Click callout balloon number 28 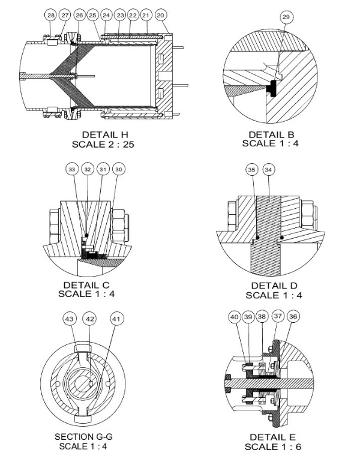point(50,14)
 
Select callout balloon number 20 point(160,14)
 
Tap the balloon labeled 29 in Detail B point(286,17)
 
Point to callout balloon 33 point(72,170)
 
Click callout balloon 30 point(118,170)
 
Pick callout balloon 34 point(268,170)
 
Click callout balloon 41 point(114,319)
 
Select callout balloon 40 point(234,317)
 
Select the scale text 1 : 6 point(286,448)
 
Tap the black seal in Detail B point(272,86)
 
